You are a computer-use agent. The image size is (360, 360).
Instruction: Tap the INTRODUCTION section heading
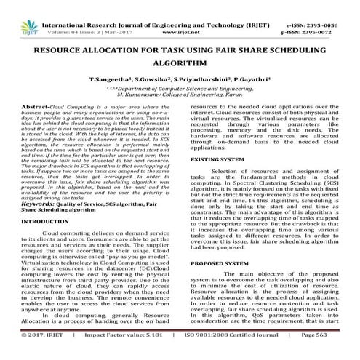(x=46, y=220)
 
